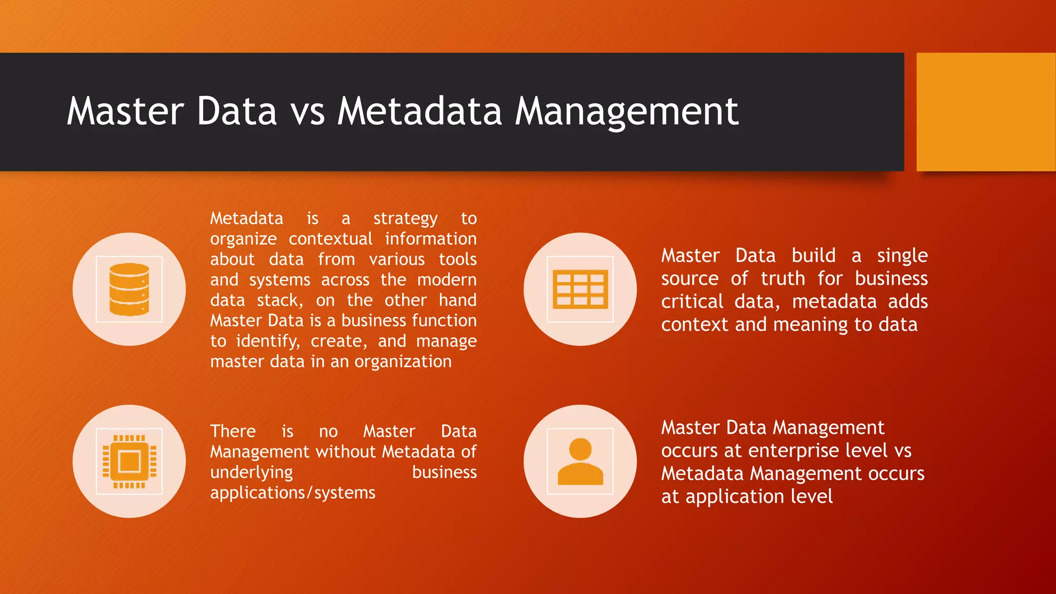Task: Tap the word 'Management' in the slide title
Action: (626, 112)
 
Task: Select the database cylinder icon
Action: (129, 289)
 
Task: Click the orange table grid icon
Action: (580, 289)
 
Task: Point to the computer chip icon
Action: (129, 461)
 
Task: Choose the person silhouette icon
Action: (580, 461)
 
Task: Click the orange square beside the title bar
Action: (985, 112)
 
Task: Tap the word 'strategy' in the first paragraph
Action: (405, 219)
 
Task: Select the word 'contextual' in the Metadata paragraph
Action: (331, 239)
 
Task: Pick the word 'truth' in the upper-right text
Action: (783, 278)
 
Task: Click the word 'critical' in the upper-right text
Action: (692, 302)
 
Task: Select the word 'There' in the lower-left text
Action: (233, 431)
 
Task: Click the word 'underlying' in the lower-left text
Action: (252, 472)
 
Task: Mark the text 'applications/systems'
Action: (293, 493)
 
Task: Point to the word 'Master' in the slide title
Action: (125, 112)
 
